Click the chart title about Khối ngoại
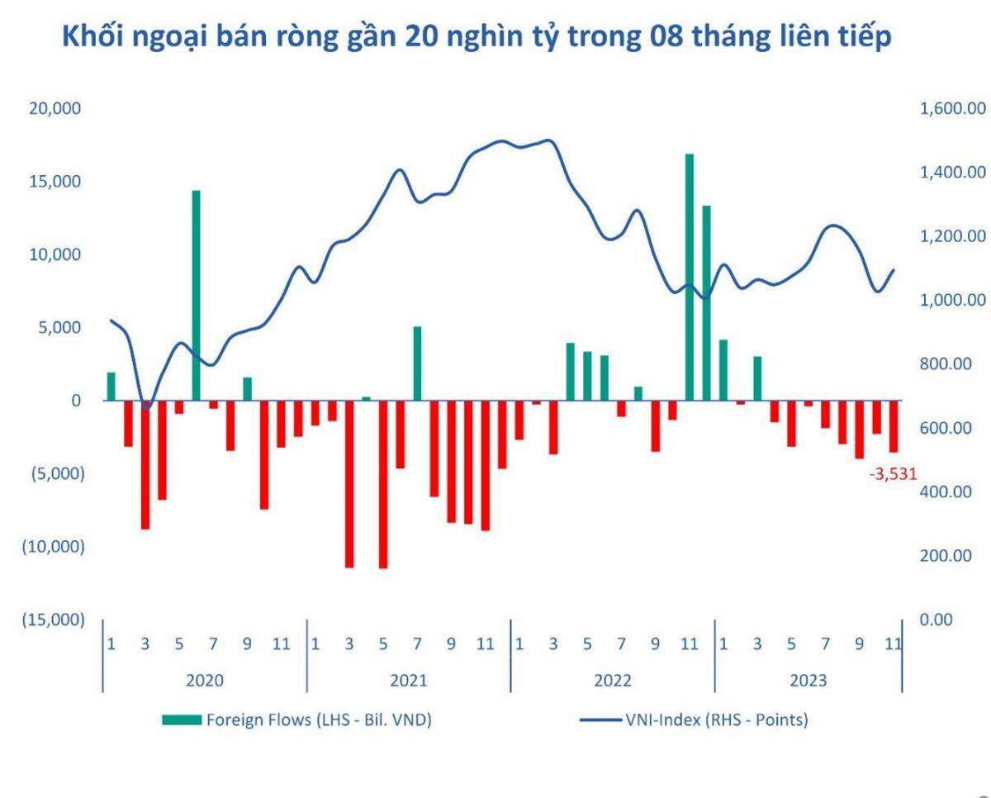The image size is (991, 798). (477, 37)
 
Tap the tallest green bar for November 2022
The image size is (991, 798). (690, 277)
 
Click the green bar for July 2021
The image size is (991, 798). (417, 363)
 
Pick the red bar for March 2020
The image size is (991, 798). (145, 464)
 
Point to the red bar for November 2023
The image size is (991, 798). (893, 426)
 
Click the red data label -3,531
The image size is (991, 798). (893, 474)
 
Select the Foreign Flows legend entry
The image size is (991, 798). (297, 720)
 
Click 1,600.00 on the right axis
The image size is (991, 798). (953, 108)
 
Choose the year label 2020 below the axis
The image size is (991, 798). (204, 681)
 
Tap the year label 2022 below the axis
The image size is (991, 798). (612, 681)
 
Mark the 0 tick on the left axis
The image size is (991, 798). (76, 401)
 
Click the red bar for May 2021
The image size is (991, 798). (383, 484)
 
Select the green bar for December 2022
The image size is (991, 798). (706, 303)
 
